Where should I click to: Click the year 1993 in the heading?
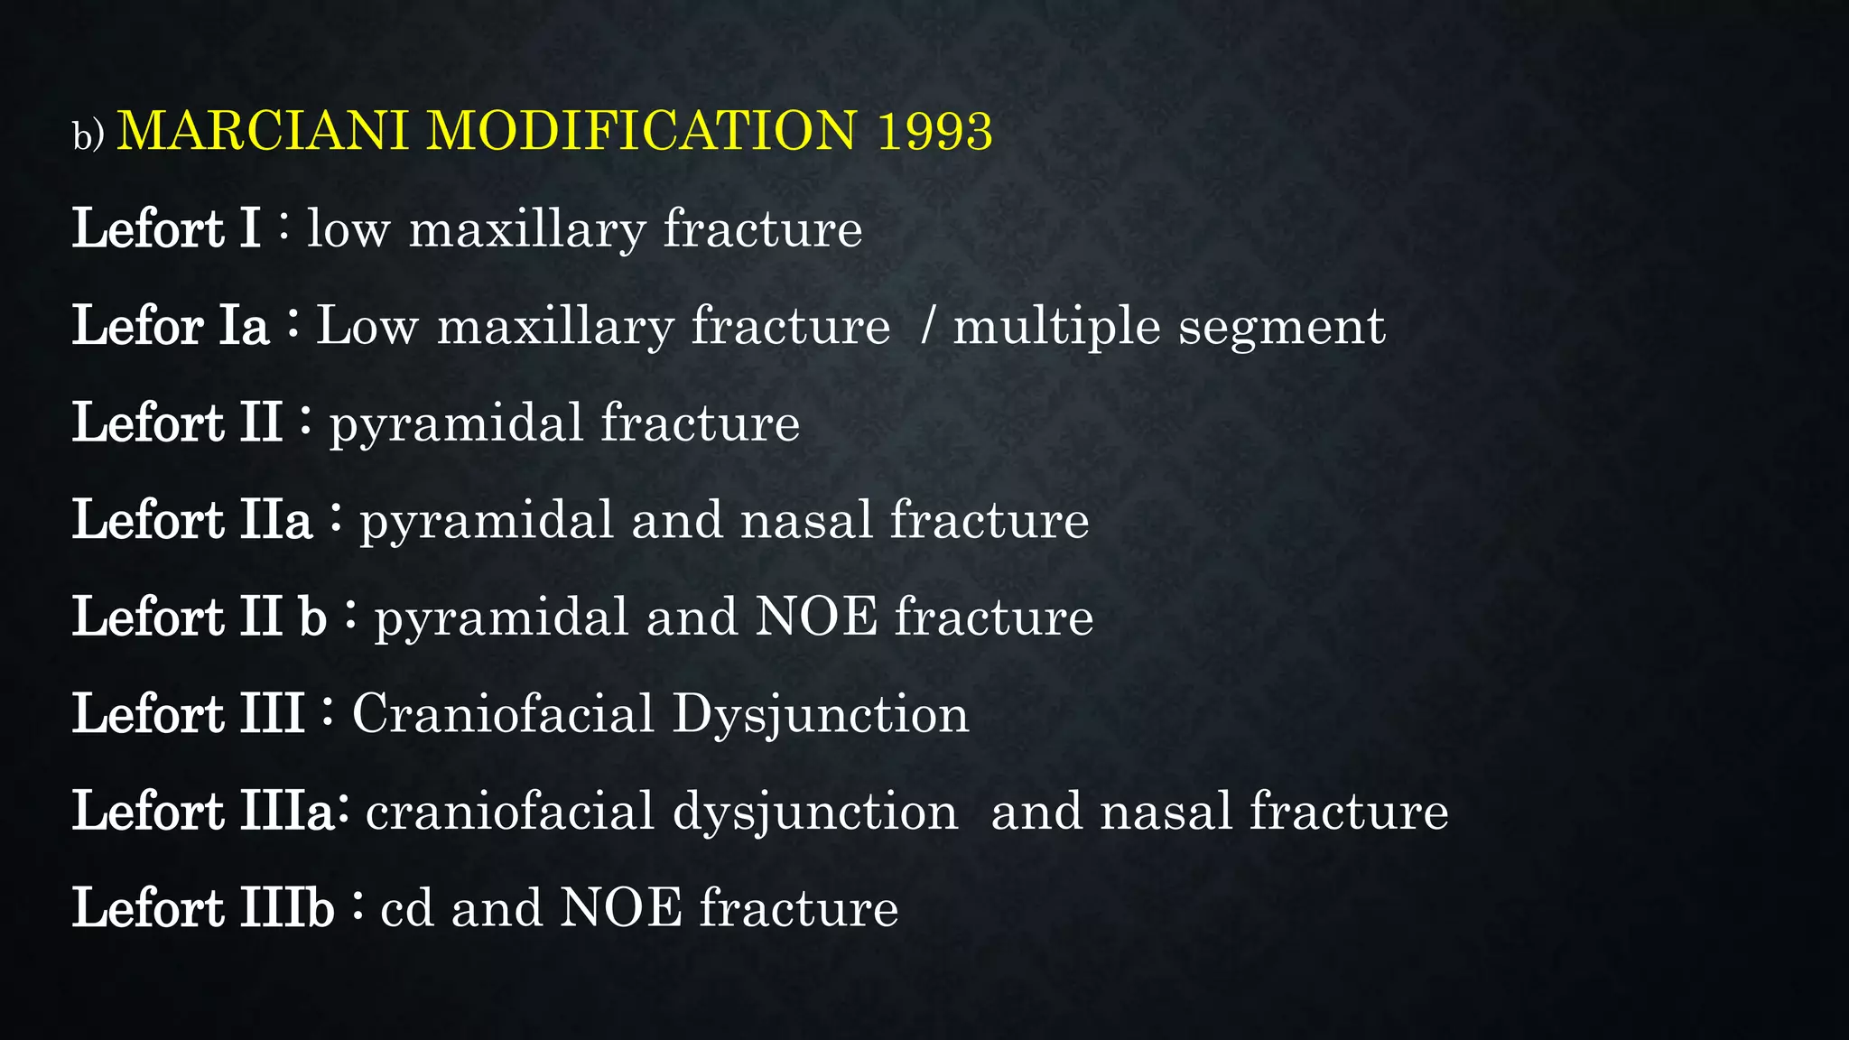pos(934,132)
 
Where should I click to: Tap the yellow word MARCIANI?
pos(263,132)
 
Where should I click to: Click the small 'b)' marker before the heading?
pos(88,136)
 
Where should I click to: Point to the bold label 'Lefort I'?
pos(166,228)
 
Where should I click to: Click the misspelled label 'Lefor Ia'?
pos(171,326)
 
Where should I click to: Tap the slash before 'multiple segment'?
pos(926,326)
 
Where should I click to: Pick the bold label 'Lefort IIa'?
pos(192,521)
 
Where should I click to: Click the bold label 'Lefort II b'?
pos(199,617)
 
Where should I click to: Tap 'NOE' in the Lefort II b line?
pos(816,617)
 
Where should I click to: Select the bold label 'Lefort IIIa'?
pos(204,812)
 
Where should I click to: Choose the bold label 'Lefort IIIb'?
pos(203,908)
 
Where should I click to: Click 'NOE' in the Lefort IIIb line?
pos(621,908)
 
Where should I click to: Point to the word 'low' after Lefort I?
pos(348,229)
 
